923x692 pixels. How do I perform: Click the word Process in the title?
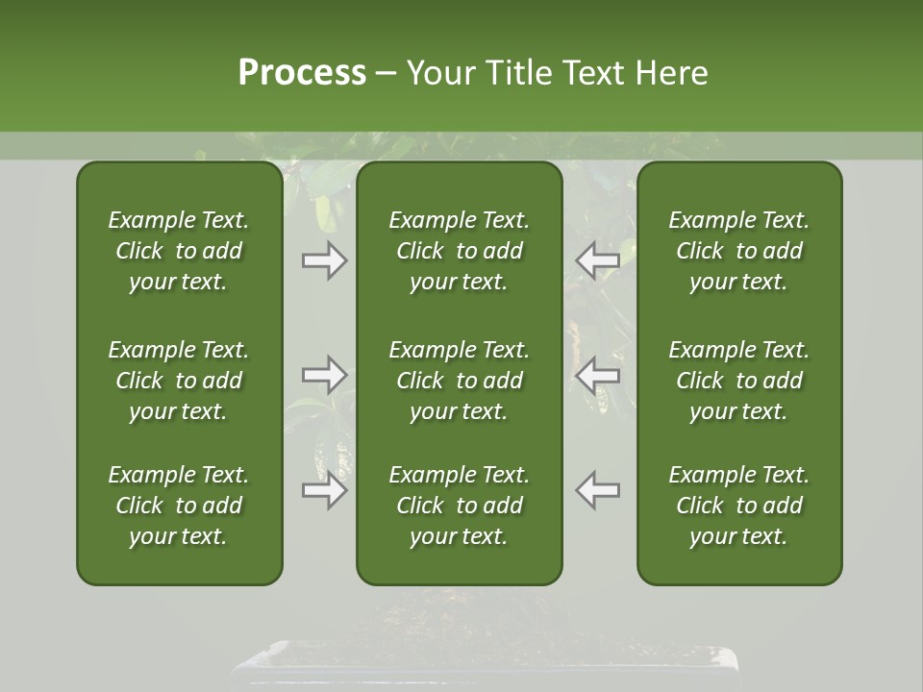302,73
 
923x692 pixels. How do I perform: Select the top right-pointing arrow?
324,260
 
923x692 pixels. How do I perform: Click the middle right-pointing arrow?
324,374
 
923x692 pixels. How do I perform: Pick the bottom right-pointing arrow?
324,490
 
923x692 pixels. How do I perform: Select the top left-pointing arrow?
597,259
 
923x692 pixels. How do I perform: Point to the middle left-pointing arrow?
597,374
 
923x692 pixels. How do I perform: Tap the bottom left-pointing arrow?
597,490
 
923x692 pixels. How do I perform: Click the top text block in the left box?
179,251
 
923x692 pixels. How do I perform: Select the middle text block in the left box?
179,381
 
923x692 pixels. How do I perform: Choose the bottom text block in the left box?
179,506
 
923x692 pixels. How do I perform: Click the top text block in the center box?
459,251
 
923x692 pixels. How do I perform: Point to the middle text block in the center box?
459,381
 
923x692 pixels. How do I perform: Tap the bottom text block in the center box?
459,506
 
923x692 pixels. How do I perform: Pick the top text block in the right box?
739,251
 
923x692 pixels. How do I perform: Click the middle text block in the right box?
739,381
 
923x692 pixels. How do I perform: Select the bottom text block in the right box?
739,506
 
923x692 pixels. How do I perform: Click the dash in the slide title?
387,74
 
